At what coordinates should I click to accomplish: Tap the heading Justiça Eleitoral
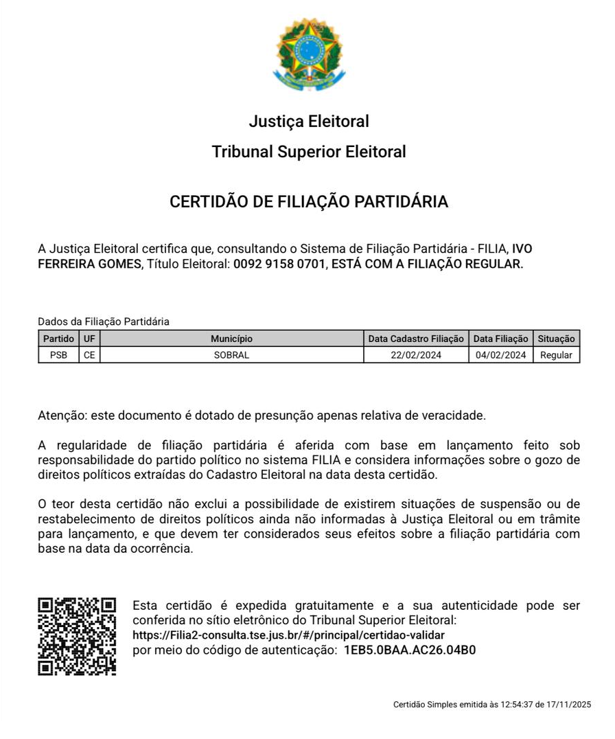309,122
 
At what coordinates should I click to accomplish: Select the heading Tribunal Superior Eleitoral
309,152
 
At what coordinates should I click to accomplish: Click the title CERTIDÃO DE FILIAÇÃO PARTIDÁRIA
309,202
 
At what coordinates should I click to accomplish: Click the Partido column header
58,339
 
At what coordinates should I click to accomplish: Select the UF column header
89,339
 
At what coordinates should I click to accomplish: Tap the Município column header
231,339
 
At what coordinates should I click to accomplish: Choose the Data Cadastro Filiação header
416,339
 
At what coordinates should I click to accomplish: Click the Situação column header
556,339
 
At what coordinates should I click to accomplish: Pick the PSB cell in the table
58,355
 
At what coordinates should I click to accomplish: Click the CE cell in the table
89,355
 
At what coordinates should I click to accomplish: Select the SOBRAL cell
231,355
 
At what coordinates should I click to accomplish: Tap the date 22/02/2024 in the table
416,355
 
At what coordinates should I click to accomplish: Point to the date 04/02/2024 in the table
501,355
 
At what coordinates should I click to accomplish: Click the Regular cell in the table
556,355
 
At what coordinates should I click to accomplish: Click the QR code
77,637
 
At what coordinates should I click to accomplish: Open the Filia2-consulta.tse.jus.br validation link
288,635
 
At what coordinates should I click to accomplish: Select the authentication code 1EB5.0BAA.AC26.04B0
410,650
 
